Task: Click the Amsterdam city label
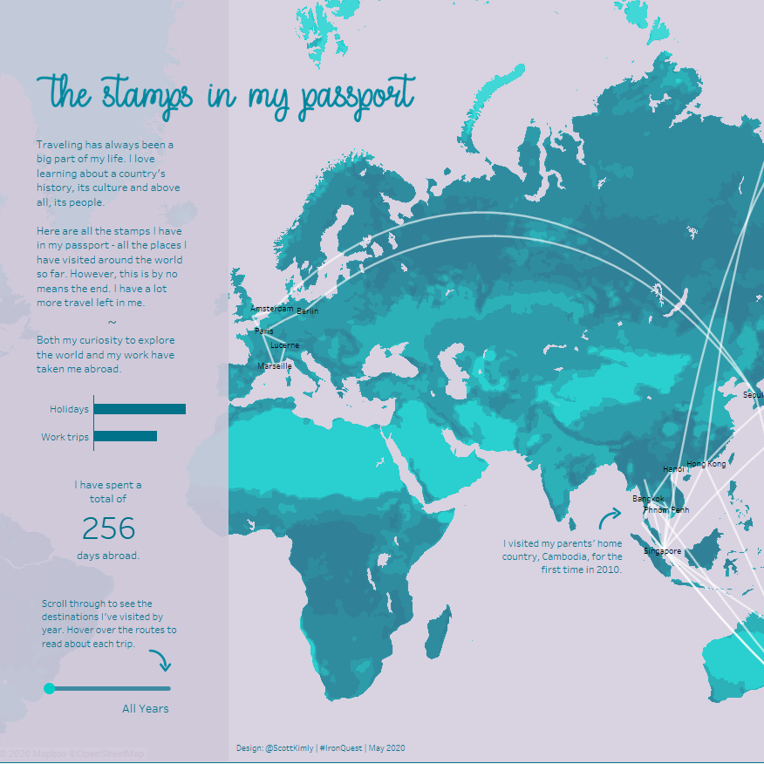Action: pyautogui.click(x=271, y=309)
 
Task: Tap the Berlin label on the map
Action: pyautogui.click(x=308, y=311)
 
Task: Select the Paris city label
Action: pyautogui.click(x=264, y=331)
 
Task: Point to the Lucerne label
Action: pyautogui.click(x=285, y=345)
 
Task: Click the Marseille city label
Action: pyautogui.click(x=275, y=367)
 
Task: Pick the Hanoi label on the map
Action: pyautogui.click(x=673, y=469)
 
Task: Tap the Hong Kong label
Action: pyautogui.click(x=706, y=465)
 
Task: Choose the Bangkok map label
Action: pyautogui.click(x=648, y=500)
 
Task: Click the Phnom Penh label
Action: pyautogui.click(x=666, y=510)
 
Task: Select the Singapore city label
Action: pyautogui.click(x=662, y=551)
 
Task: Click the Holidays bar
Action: pyautogui.click(x=140, y=409)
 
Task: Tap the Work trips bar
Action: pyautogui.click(x=125, y=436)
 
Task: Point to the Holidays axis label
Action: pyautogui.click(x=69, y=409)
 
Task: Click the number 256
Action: pyautogui.click(x=109, y=529)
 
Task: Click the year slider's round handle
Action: pyautogui.click(x=50, y=688)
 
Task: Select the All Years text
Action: pyautogui.click(x=146, y=709)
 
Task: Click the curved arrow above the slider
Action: pyautogui.click(x=160, y=660)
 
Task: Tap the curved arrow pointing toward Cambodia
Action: pyautogui.click(x=609, y=520)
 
